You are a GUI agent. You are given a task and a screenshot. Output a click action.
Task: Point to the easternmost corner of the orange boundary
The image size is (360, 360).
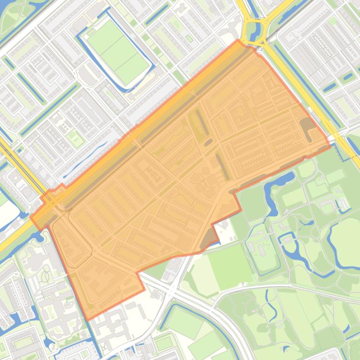pos(330,144)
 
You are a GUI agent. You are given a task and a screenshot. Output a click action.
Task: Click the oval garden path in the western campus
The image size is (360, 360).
pos(45,276)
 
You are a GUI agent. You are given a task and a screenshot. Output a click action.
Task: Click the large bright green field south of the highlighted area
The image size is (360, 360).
pos(229,266)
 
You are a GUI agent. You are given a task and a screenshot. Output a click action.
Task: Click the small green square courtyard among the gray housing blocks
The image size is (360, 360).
pos(75,138)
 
